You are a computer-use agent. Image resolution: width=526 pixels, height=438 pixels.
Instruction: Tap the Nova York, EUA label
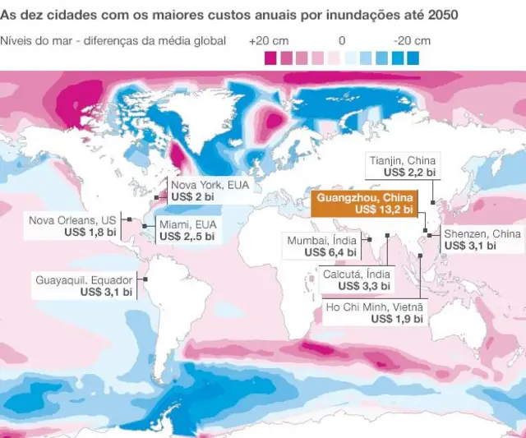coord(210,186)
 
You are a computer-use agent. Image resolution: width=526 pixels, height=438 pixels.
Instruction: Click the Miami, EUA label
coord(188,224)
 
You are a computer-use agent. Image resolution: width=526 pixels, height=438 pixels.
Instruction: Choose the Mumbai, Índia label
coord(321,240)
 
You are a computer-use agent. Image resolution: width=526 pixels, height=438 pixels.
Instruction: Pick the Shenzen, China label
coord(482,233)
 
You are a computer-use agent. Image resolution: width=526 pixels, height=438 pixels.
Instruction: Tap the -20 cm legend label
coord(412,40)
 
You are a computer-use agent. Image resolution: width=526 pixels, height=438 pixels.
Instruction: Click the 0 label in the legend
coord(342,40)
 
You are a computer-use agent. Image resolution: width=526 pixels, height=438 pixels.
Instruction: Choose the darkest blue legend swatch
coord(412,58)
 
